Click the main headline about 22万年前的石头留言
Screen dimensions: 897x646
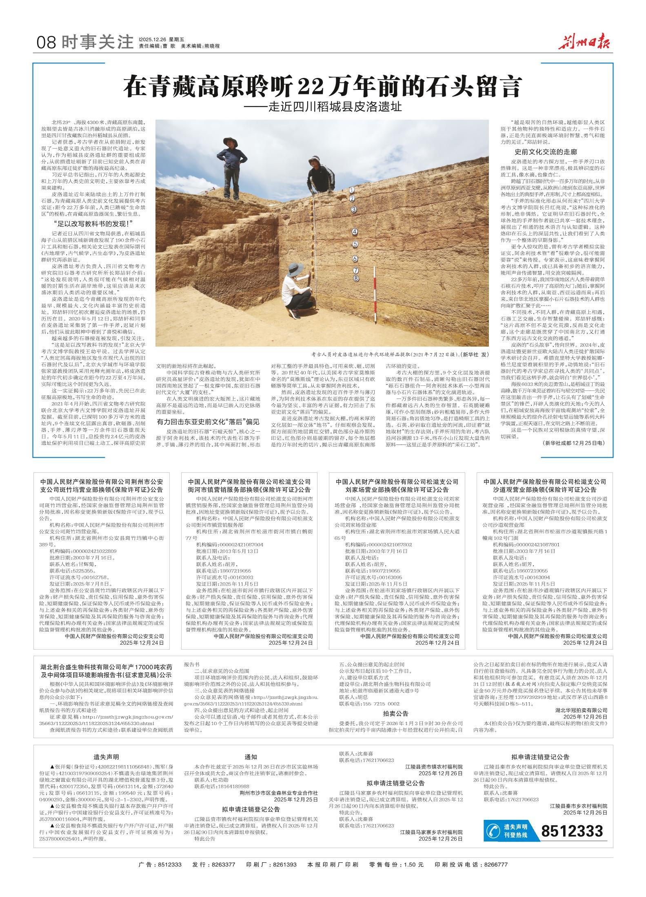(322, 86)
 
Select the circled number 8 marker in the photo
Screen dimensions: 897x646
(356, 278)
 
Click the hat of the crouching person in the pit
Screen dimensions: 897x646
(294, 268)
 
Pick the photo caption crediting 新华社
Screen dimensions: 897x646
(400, 355)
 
